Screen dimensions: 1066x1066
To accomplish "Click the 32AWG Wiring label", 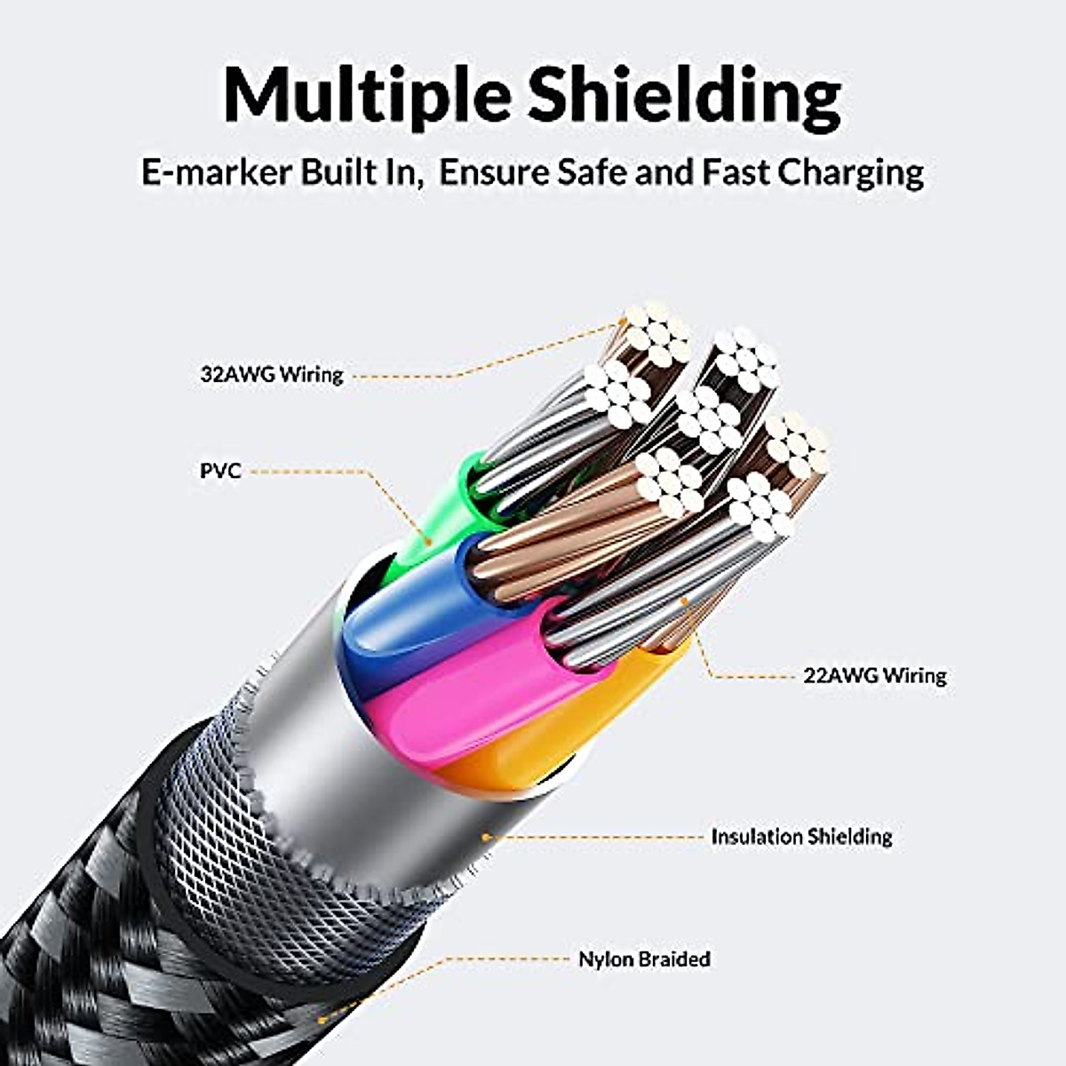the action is pos(272,374).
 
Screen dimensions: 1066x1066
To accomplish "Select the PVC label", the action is pos(220,470).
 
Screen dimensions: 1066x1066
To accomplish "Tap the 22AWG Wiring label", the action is pos(875,675).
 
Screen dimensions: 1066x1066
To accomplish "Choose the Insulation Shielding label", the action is pos(801,836).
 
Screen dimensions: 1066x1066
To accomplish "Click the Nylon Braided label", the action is pos(644,959).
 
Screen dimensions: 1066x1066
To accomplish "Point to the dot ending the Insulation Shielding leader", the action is pos(485,836).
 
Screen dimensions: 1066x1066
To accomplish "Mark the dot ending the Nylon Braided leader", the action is pos(321,1022).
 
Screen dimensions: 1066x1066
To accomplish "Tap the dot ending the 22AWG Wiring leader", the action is pos(684,601).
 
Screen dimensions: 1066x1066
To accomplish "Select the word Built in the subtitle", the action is pos(332,171).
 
